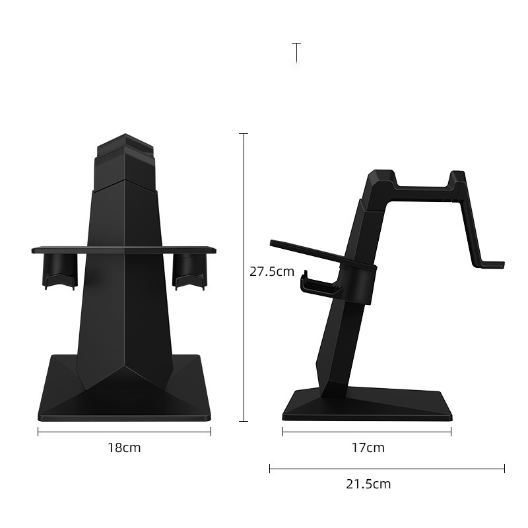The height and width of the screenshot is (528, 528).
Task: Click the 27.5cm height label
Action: (x=272, y=271)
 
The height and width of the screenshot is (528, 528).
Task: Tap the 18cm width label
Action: (x=124, y=447)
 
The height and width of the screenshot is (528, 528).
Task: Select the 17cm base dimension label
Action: (x=368, y=447)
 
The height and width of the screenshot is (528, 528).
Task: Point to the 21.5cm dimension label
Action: (x=368, y=484)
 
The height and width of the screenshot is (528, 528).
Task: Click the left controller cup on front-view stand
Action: (x=60, y=271)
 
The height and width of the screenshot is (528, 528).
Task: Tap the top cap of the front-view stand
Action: (x=125, y=145)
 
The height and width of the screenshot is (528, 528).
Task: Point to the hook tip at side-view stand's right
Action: (x=492, y=265)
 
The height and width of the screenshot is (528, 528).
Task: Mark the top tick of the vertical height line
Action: (x=244, y=133)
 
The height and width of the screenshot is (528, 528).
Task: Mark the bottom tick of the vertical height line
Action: (x=244, y=420)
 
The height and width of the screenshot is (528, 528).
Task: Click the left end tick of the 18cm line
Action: (x=38, y=432)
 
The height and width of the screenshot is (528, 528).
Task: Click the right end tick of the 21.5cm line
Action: (x=504, y=469)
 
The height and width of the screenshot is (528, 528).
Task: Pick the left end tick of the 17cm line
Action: (x=283, y=432)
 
